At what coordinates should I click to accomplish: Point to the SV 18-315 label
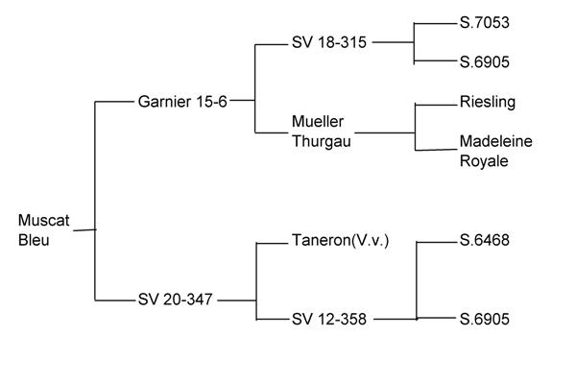coord(329,43)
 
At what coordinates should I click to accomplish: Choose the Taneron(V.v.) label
coord(340,242)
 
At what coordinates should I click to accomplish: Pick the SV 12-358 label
coord(329,319)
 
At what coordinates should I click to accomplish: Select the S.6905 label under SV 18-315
coord(485,62)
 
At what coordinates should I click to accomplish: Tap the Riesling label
coord(488,102)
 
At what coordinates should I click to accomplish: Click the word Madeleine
coord(495,142)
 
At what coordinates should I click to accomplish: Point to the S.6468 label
coord(485,241)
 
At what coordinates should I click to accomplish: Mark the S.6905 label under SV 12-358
coord(485,319)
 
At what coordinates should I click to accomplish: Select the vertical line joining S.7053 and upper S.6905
coord(414,43)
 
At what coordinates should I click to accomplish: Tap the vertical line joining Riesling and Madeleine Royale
coord(415,125)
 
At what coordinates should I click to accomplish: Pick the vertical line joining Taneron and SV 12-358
coord(256,280)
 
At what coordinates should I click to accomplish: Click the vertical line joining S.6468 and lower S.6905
coord(418,280)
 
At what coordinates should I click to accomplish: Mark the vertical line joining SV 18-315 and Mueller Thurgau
coord(254,86)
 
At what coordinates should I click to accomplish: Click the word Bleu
coord(34,239)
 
